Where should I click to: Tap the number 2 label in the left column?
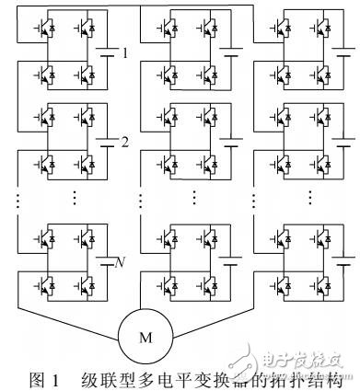(x=125, y=142)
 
